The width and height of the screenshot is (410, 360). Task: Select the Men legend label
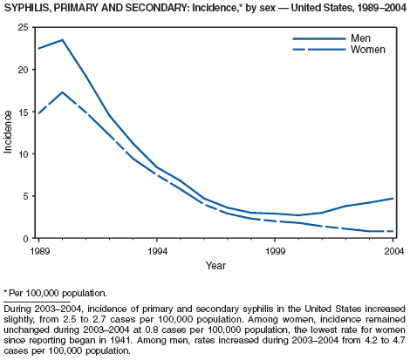(360, 38)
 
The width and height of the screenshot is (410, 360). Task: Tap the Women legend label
(368, 50)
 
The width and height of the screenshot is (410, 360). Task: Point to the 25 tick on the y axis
(24, 28)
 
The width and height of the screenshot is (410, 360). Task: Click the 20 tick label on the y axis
(24, 70)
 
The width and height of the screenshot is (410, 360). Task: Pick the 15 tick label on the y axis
(24, 112)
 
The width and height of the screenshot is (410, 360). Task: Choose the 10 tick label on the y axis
(24, 154)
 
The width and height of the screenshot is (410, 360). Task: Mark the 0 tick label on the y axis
(26, 238)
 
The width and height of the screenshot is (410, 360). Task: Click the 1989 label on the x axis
(40, 251)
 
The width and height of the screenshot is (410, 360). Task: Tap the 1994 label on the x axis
(157, 251)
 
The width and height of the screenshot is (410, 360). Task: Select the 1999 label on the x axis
(275, 251)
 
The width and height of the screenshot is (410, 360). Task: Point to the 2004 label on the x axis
(394, 251)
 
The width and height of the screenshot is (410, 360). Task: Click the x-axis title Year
(215, 265)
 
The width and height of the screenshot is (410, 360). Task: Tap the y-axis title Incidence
(8, 132)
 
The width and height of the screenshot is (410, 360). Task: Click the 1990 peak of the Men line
(62, 40)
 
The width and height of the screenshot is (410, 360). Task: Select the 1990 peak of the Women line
(62, 92)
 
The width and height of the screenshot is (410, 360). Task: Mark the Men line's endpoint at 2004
(393, 199)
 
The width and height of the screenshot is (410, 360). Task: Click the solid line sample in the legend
(319, 38)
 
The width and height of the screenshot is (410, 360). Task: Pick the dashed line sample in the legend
(319, 50)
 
